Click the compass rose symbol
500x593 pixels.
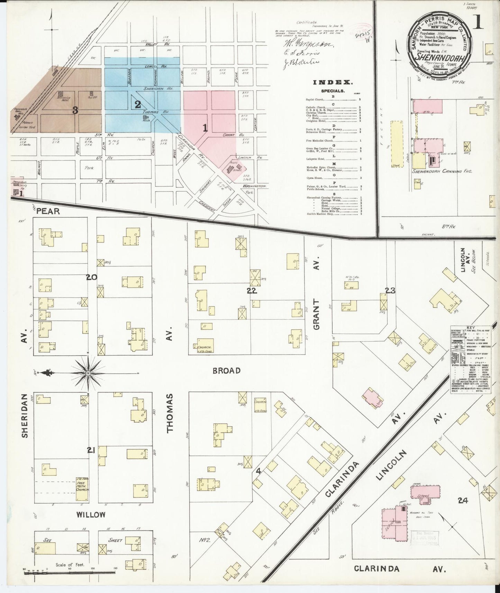(x=88, y=373)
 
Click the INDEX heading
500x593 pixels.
(x=333, y=82)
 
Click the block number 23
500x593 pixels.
(x=390, y=291)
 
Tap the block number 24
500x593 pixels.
(x=462, y=500)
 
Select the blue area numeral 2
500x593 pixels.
(x=137, y=104)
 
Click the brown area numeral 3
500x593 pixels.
(x=75, y=111)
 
